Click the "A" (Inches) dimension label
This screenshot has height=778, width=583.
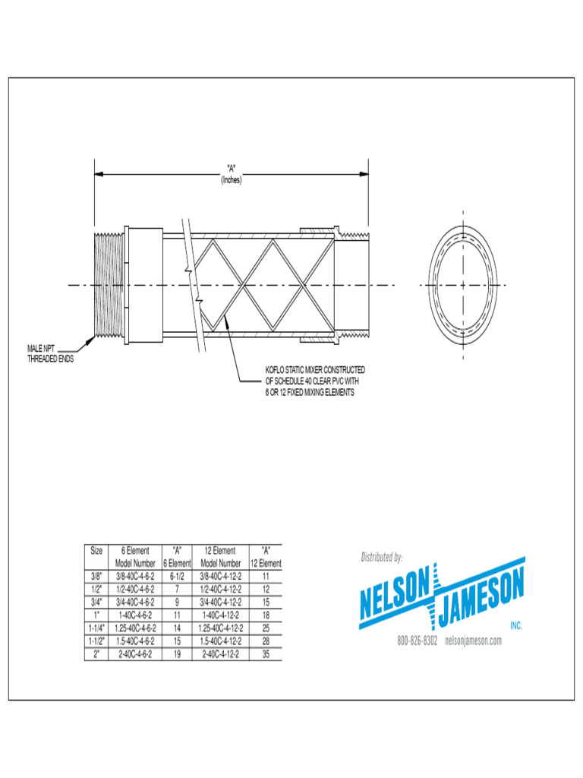(232, 176)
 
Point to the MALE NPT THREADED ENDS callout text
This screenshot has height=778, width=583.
(51, 354)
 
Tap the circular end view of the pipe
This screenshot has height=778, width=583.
(463, 285)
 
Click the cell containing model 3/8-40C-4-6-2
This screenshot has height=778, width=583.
(134, 577)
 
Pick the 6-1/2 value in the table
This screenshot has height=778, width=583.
(177, 577)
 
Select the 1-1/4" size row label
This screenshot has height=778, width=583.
(96, 628)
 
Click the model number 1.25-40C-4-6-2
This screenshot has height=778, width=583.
(134, 628)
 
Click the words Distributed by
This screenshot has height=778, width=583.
(381, 558)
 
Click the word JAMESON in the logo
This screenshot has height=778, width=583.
(482, 587)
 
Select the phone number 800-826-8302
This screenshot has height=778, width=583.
(418, 640)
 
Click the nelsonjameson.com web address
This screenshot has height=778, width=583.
(474, 640)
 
